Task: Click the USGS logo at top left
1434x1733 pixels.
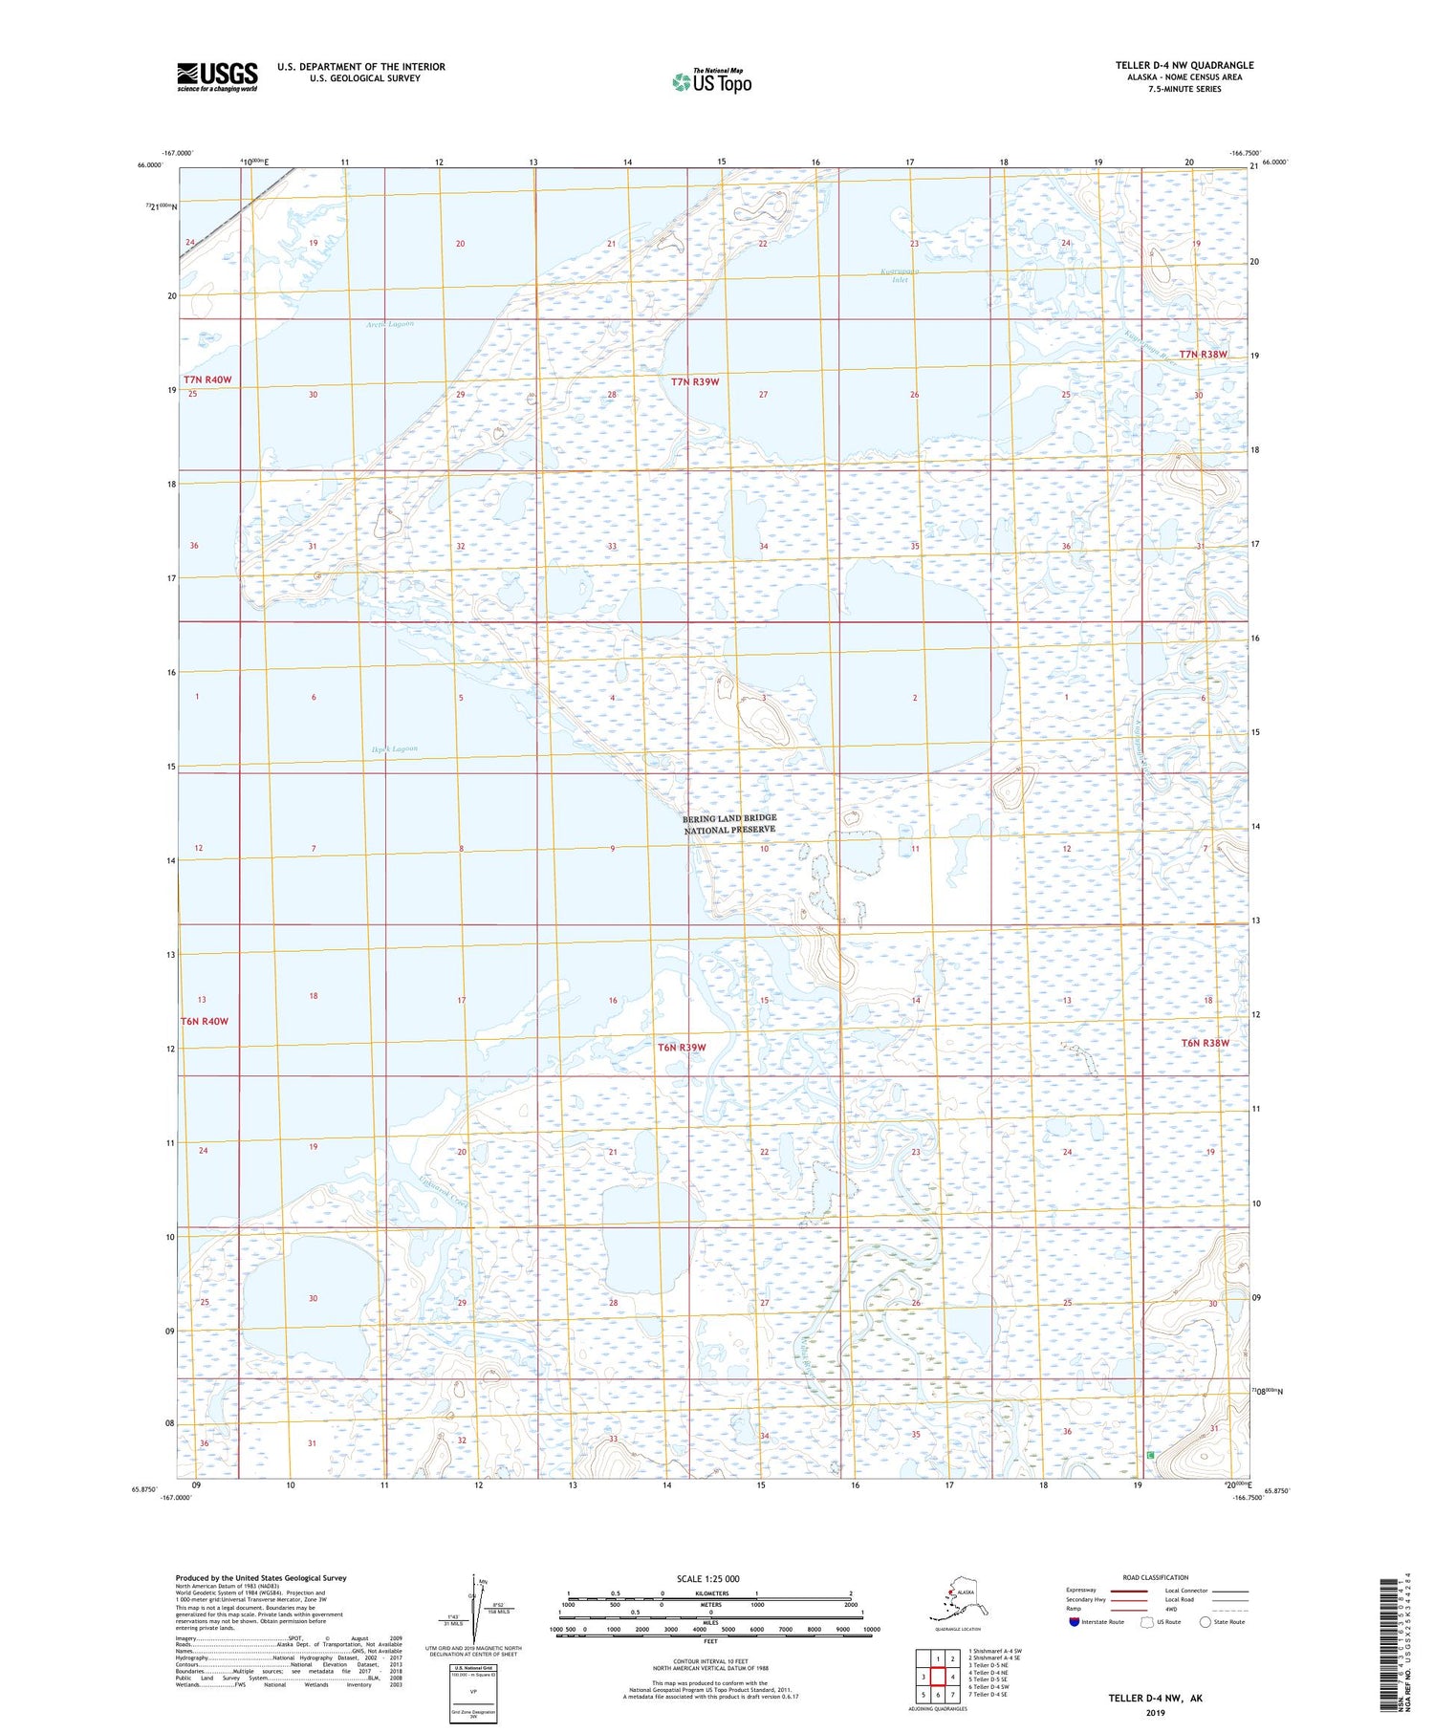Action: point(217,76)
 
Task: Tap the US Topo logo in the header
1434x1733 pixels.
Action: point(711,81)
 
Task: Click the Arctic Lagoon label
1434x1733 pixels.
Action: point(390,324)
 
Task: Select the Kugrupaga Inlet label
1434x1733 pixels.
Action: point(900,276)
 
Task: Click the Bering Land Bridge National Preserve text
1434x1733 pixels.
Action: point(729,824)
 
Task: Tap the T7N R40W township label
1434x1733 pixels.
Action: point(207,379)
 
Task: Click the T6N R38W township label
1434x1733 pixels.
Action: point(1205,1042)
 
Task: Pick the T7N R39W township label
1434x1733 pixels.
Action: point(695,381)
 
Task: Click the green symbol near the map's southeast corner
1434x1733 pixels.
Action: point(1150,1454)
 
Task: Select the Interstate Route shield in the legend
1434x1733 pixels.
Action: point(1075,1622)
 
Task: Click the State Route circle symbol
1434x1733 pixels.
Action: point(1205,1622)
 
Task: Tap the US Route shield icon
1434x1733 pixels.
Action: point(1147,1622)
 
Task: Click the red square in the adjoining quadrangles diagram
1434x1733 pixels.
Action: point(938,1677)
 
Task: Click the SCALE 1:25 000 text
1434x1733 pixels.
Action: point(707,1578)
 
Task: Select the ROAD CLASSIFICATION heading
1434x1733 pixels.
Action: point(1156,1577)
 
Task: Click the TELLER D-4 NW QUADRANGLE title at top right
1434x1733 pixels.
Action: point(1184,65)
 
